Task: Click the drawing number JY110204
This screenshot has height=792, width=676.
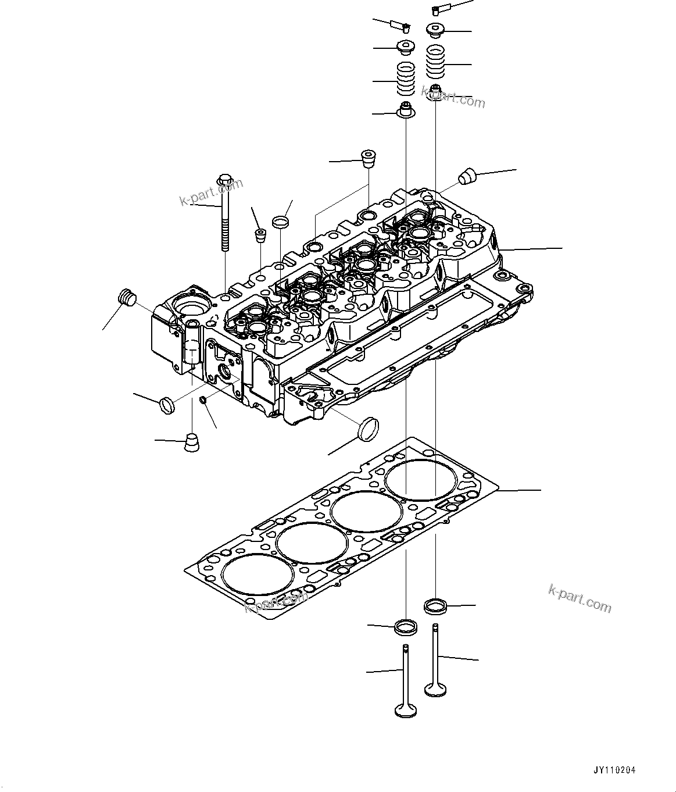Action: coord(614,770)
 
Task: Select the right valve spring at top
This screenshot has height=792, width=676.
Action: coord(436,62)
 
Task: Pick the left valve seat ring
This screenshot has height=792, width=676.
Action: coord(405,627)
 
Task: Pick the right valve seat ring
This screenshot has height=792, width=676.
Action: coord(436,606)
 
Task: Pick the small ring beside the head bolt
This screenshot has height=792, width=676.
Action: coord(281,222)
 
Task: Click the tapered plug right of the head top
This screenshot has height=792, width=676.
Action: coord(467,176)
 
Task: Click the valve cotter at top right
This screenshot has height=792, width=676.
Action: coord(438,9)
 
